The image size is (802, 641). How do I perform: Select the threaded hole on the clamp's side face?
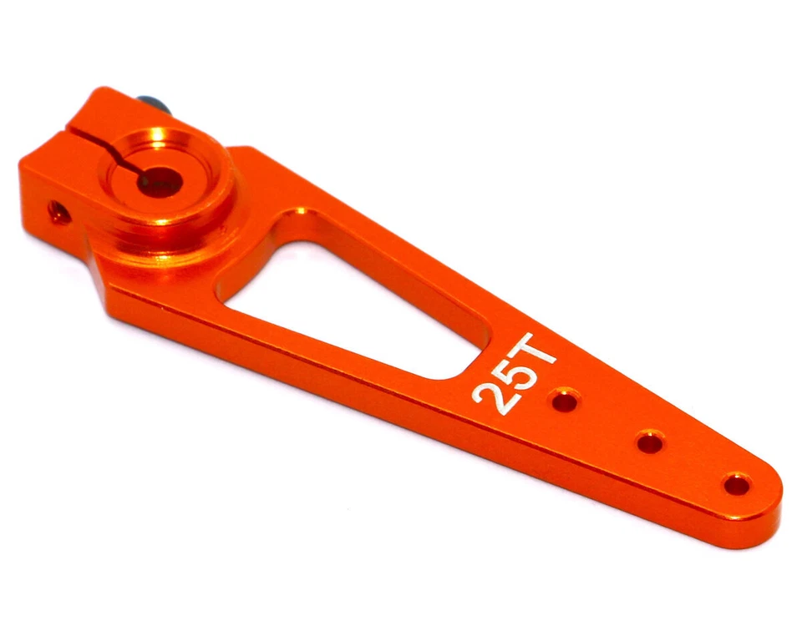58,211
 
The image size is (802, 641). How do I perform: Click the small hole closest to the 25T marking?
565,402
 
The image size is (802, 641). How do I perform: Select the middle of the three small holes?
649,442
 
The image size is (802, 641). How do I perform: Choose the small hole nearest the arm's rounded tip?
736,483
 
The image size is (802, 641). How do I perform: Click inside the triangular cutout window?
351,300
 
